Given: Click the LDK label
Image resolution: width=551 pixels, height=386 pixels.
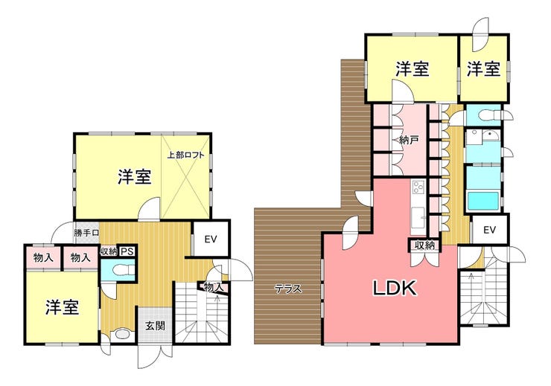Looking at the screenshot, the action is [x=395, y=288].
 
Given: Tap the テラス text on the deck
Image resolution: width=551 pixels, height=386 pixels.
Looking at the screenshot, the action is [x=288, y=289].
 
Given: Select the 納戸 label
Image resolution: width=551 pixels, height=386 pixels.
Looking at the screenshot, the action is [x=409, y=140].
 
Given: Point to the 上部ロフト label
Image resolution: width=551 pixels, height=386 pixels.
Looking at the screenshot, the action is [x=185, y=155].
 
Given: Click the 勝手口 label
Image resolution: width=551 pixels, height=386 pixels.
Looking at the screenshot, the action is [x=86, y=233].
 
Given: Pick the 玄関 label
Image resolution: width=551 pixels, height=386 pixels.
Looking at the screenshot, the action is [x=155, y=326].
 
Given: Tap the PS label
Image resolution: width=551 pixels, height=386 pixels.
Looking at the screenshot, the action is [x=127, y=251].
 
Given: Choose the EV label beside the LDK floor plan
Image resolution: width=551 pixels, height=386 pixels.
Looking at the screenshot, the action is [x=489, y=231].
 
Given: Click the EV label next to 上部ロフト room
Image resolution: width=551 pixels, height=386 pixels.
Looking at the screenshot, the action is [x=211, y=239].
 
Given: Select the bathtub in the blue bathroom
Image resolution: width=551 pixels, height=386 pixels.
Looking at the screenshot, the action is [x=483, y=201].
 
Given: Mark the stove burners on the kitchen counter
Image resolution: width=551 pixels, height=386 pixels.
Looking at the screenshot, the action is [x=418, y=187].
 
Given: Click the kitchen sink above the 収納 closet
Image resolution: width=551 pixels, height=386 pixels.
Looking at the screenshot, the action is [x=418, y=216].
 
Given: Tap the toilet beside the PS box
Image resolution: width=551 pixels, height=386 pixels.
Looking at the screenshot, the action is [x=121, y=269].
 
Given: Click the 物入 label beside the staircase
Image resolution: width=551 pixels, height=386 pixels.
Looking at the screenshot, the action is [x=214, y=287].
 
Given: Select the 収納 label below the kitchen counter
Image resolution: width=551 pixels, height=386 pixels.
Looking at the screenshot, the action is [x=424, y=245].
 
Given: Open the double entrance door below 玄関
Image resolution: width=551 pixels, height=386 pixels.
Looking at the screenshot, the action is [x=155, y=356].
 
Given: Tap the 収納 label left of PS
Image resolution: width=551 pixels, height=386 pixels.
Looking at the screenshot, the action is [x=109, y=251].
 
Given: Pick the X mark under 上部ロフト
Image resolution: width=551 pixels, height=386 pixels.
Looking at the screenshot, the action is [x=185, y=190].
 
